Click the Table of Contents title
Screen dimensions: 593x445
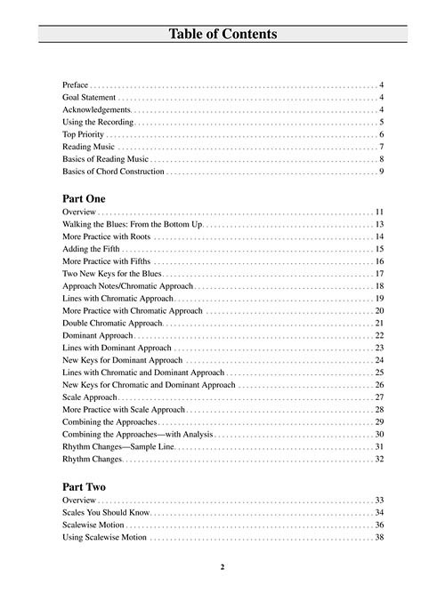[x=222, y=35]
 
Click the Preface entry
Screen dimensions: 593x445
[x=75, y=84]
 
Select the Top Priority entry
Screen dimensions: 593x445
[x=84, y=134]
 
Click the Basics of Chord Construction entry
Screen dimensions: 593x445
[x=113, y=172]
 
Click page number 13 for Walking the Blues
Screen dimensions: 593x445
[x=379, y=225]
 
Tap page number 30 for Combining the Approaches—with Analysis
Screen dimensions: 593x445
[x=379, y=434]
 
